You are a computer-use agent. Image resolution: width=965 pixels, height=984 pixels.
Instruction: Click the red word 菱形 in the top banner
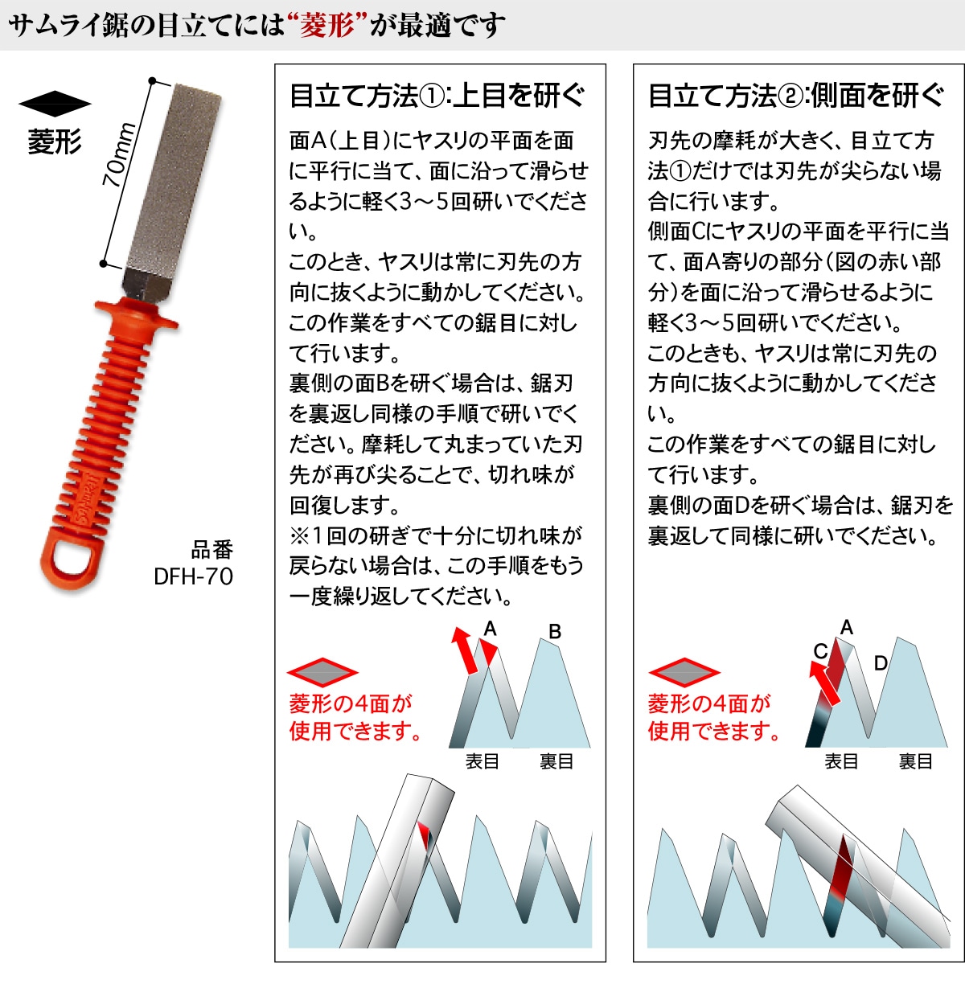tap(327, 26)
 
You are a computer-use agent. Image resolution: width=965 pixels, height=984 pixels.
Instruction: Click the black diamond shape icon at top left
tap(55, 104)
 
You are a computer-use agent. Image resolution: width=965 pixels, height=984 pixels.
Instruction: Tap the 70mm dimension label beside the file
tap(117, 155)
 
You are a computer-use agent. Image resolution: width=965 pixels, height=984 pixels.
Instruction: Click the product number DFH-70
tap(193, 576)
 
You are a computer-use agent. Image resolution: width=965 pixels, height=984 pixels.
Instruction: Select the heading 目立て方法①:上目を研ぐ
tap(437, 96)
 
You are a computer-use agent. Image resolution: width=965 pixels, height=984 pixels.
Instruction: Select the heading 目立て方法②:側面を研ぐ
tap(795, 96)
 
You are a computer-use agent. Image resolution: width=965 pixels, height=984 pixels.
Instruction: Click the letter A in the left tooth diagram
tap(490, 629)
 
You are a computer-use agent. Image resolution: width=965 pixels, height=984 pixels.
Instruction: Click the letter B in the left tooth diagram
tap(555, 632)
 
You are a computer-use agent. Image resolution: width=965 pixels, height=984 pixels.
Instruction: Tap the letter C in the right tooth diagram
tap(820, 651)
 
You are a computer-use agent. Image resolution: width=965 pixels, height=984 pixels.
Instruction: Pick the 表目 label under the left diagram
tap(482, 761)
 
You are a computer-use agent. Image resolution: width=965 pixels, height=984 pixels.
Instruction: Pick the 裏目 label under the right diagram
tap(915, 761)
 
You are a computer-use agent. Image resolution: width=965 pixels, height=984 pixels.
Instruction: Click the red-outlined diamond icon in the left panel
tap(322, 673)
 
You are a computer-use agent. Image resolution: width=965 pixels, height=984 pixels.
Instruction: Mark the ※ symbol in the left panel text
tap(300, 535)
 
